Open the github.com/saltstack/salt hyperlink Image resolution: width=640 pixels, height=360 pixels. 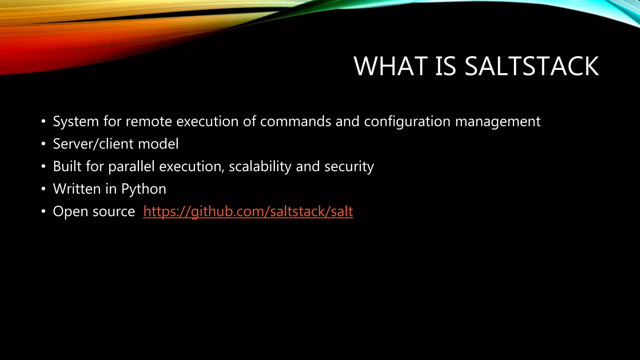(248, 212)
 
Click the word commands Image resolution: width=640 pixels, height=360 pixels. (295, 121)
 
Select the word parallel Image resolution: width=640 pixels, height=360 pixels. (131, 167)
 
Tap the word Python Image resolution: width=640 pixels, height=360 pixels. (143, 189)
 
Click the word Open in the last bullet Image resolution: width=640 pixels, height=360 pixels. (70, 212)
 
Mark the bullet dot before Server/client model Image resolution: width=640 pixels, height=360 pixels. (43, 144)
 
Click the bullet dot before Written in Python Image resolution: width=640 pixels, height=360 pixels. (43, 189)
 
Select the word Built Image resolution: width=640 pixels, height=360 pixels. (67, 167)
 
